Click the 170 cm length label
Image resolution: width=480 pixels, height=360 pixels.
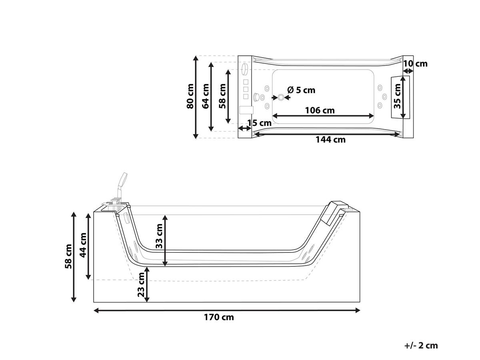pyautogui.click(x=219, y=317)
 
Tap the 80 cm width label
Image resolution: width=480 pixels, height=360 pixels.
pyautogui.click(x=190, y=96)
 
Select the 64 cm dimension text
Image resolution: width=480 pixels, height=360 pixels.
pyautogui.click(x=206, y=96)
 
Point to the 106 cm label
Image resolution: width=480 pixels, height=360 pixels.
pyautogui.click(x=320, y=110)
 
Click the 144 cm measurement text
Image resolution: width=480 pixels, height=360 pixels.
pyautogui.click(x=330, y=140)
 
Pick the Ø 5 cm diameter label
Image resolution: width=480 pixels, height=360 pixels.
pyautogui.click(x=301, y=90)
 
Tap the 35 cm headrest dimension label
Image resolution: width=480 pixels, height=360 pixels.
pyautogui.click(x=397, y=96)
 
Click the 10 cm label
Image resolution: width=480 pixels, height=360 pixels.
pyautogui.click(x=415, y=64)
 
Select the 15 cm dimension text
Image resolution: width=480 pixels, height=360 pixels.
pyautogui.click(x=259, y=123)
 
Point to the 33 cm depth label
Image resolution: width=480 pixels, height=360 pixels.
pyautogui.click(x=159, y=236)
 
